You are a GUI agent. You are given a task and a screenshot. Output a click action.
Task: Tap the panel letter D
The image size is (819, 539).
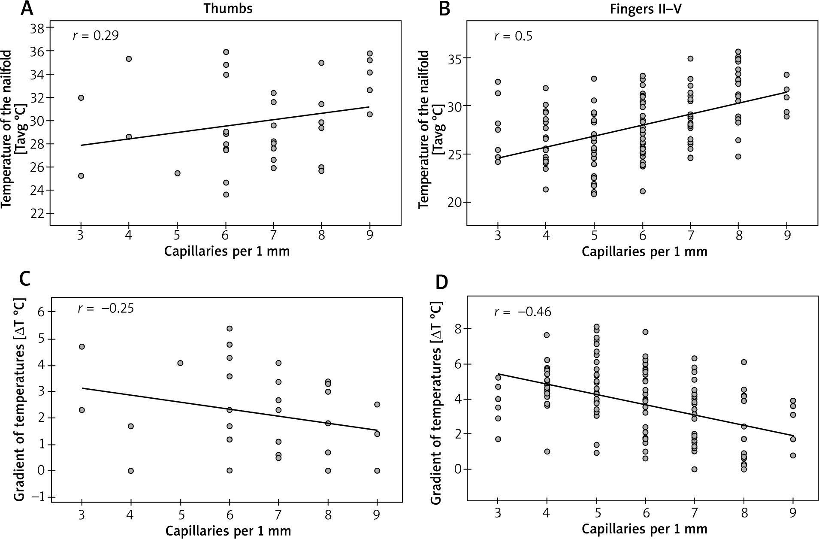click(442, 283)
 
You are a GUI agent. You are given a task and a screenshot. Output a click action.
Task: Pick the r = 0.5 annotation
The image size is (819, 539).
click(513, 36)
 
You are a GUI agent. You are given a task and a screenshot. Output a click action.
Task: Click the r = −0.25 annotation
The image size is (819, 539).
click(106, 308)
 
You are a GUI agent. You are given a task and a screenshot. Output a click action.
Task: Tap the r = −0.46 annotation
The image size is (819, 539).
click(523, 311)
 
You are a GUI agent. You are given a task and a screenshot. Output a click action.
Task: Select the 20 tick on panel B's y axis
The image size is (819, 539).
click(453, 202)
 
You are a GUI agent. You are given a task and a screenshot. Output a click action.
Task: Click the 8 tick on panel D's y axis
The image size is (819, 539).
click(457, 329)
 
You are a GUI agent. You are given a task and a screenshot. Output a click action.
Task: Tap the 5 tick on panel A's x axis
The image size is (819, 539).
click(177, 235)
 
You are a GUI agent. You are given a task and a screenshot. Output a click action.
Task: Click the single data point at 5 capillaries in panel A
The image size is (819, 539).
click(177, 173)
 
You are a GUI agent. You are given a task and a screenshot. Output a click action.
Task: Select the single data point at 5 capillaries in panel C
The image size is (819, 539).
click(180, 363)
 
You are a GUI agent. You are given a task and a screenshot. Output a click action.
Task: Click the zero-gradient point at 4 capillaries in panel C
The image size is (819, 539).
click(131, 471)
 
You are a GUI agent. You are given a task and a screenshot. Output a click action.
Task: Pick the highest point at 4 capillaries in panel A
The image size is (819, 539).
click(129, 59)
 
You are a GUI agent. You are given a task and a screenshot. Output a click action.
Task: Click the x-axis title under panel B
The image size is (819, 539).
click(644, 252)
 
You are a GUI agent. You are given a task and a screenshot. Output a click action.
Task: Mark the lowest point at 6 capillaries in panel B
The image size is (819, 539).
click(642, 191)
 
